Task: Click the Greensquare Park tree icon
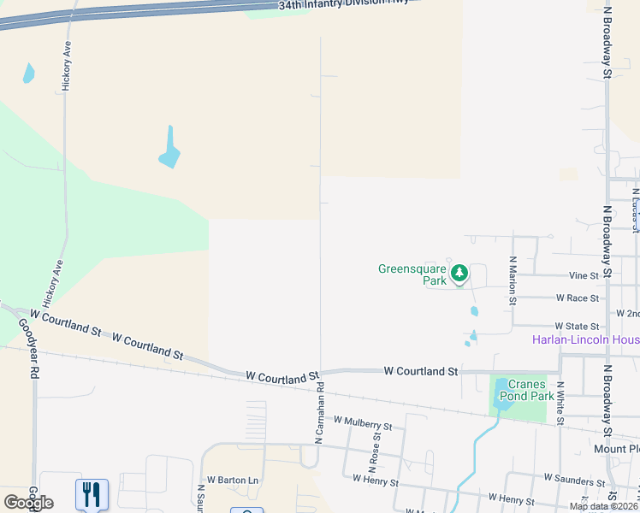(460, 274)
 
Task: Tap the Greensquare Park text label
(412, 274)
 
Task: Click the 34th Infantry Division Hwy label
(344, 5)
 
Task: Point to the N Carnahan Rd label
(319, 412)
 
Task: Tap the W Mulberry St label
(363, 423)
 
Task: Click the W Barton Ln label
(232, 481)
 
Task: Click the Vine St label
(583, 276)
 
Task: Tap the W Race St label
(578, 298)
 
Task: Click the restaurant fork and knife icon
(92, 493)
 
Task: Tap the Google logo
(28, 503)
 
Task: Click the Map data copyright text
(602, 506)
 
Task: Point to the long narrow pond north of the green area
(170, 149)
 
